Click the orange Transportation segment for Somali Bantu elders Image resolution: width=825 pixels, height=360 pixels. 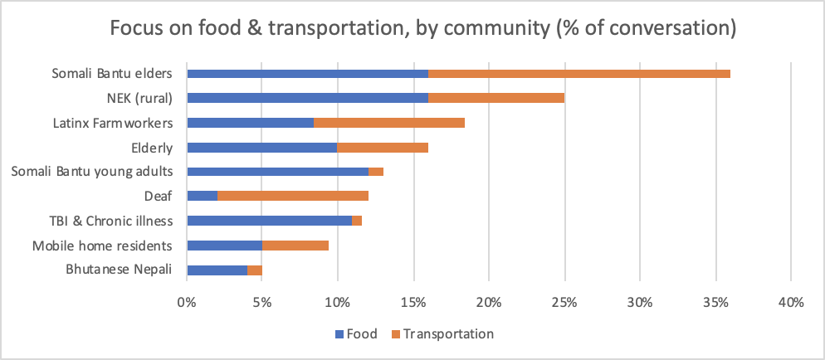pos(578,74)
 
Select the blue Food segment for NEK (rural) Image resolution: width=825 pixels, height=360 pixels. pos(307,98)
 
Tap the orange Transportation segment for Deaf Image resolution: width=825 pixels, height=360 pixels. pos(292,196)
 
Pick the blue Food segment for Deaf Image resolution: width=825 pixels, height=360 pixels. pos(203,196)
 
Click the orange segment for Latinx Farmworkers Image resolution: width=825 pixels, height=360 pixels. pos(389,123)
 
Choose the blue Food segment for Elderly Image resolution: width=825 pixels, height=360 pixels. pos(262,147)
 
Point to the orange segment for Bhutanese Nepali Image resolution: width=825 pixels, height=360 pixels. pos(255,270)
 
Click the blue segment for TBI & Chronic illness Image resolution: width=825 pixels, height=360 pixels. pos(270,221)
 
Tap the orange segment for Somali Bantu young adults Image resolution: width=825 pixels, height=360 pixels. pos(376,172)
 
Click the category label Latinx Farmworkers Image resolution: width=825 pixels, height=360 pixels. pos(112,123)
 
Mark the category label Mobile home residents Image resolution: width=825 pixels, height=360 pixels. pos(102,245)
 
